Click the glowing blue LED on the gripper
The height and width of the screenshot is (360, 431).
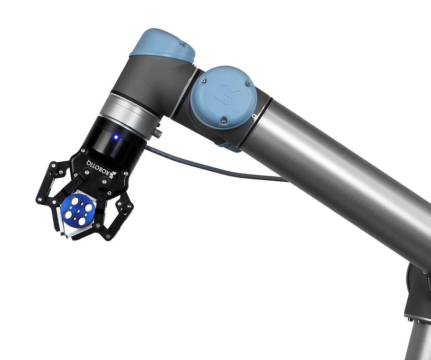[115, 138]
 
